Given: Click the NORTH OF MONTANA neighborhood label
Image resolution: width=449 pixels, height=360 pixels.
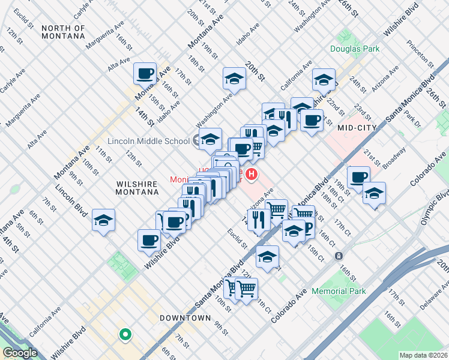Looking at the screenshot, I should click(x=63, y=32).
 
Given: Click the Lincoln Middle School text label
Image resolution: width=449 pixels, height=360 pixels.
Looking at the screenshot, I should click(x=148, y=142).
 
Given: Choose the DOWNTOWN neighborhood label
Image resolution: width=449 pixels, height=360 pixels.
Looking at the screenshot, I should click(x=185, y=317).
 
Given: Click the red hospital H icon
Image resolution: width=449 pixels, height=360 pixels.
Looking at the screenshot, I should click(x=252, y=175).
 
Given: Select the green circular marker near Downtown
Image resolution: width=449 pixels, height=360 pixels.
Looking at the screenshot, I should click(x=125, y=334).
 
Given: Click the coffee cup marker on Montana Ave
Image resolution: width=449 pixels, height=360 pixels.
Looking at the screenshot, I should click(x=145, y=74).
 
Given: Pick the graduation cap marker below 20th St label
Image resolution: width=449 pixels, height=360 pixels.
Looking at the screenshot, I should click(x=234, y=78).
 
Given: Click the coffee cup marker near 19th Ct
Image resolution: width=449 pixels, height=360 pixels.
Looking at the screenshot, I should click(x=358, y=177).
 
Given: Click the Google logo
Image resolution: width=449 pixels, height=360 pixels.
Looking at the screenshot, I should click(x=20, y=352).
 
